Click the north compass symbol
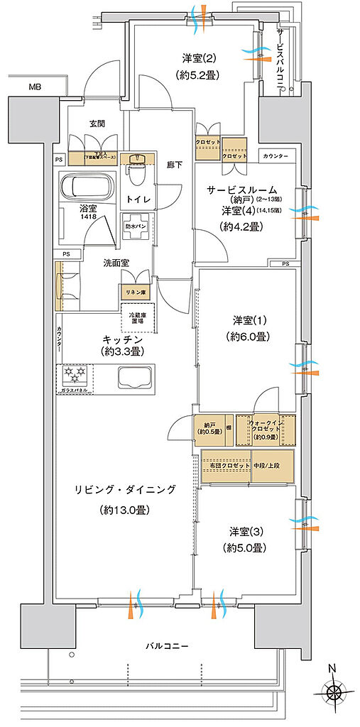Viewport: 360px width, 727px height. [x=331, y=693]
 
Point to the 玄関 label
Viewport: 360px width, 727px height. [x=97, y=124]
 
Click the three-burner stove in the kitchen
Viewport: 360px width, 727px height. [x=74, y=374]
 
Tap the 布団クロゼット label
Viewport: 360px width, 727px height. [x=228, y=466]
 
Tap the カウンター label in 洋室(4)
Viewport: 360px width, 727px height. [x=275, y=155]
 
